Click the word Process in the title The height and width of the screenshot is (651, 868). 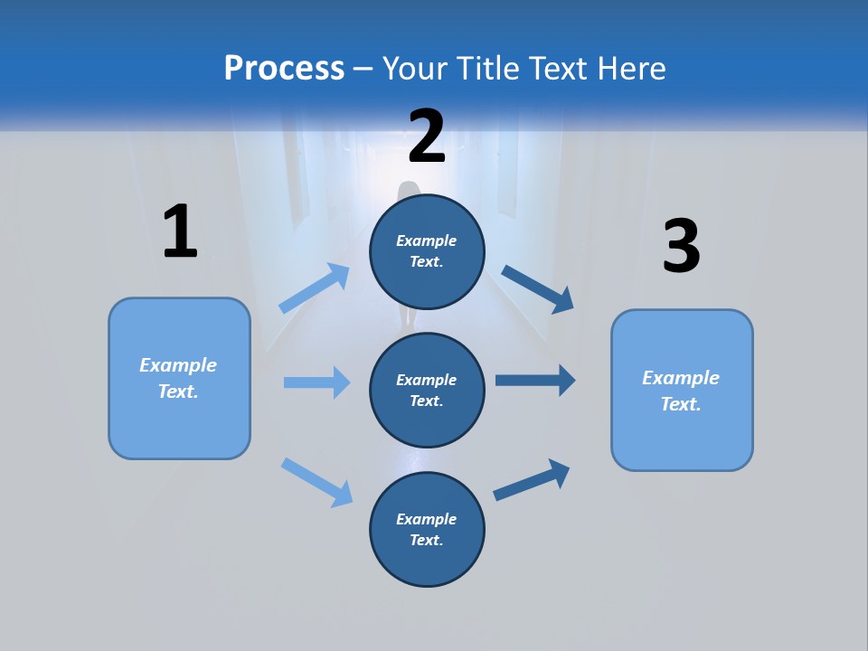coord(284,69)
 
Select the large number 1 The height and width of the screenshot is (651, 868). coord(180,232)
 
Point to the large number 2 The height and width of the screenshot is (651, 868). coord(427,137)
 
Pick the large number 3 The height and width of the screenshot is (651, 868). coord(682,247)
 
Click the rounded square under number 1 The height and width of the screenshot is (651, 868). coord(179,378)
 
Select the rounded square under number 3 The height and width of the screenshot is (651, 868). coord(682,391)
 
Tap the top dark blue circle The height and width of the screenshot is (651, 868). coord(427,251)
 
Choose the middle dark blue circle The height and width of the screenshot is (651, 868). coord(427,391)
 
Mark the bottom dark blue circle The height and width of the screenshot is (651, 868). coord(427,530)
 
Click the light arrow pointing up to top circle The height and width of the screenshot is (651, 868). coord(315,288)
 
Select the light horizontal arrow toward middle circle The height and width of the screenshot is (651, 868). coord(316,382)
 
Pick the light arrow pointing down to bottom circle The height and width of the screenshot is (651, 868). coord(316,481)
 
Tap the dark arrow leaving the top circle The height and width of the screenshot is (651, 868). coord(537,288)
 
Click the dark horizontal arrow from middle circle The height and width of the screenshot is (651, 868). coord(534,380)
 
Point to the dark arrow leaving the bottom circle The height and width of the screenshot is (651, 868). coord(532,479)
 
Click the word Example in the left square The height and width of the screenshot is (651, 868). coord(178,365)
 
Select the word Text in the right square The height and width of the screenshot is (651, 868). coord(680,404)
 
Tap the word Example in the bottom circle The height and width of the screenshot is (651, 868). coord(427,519)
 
